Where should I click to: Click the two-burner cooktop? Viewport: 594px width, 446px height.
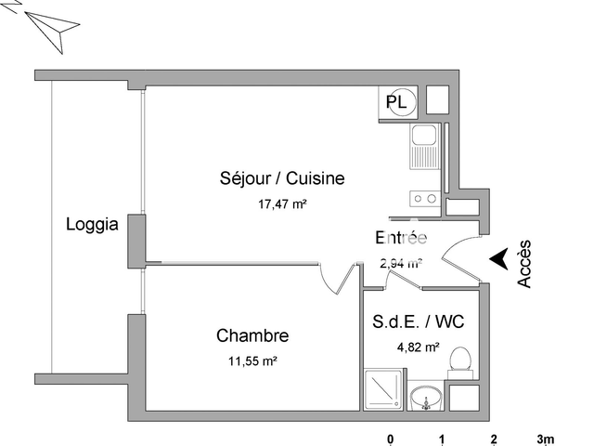[425, 198]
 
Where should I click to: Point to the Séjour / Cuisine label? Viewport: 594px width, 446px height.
[269, 178]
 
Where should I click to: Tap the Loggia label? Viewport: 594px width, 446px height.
[92, 224]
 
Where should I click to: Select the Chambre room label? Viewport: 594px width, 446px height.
[252, 335]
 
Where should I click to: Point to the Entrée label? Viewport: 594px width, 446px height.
[400, 237]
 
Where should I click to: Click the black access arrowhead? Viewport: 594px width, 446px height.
[499, 259]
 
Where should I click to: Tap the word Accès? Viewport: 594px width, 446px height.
[525, 263]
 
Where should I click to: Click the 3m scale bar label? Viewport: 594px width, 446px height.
[545, 439]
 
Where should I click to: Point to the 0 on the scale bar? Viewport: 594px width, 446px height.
[391, 439]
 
